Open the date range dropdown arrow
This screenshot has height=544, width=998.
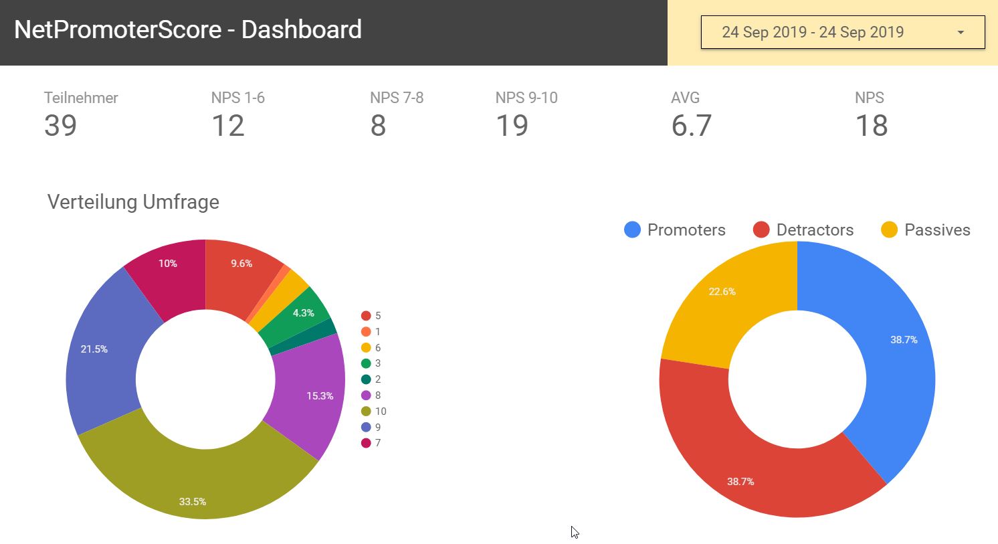(961, 33)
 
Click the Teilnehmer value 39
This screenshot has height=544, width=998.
(60, 126)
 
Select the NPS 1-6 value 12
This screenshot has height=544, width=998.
(227, 126)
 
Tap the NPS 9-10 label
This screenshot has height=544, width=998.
(526, 98)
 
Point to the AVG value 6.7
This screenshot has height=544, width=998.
(691, 126)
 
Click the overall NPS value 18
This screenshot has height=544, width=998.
(871, 126)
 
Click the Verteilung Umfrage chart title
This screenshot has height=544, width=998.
(133, 202)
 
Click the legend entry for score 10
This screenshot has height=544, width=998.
(374, 412)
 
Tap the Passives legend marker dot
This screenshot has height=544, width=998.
(889, 230)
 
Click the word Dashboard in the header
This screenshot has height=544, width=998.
(301, 30)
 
